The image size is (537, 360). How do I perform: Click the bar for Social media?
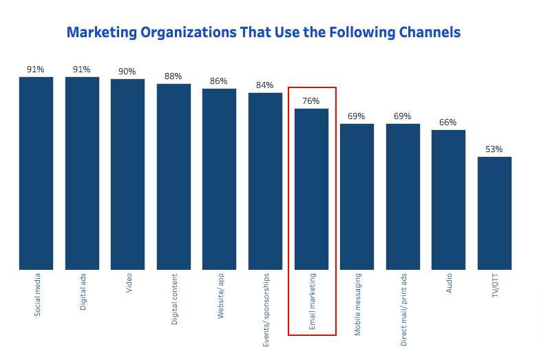(x=36, y=173)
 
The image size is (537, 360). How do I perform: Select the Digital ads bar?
(x=82, y=173)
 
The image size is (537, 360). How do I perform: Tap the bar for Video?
(x=127, y=174)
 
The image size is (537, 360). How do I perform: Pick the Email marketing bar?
(x=311, y=189)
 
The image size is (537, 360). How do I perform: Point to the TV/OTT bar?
(x=494, y=213)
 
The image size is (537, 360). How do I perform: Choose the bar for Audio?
(x=448, y=200)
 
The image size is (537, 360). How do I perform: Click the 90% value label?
(x=127, y=72)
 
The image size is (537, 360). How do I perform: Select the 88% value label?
(x=173, y=76)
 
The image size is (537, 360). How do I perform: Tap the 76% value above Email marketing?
(x=311, y=101)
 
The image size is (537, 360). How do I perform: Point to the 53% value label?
(x=494, y=149)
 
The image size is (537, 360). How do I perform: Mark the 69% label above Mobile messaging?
(x=357, y=116)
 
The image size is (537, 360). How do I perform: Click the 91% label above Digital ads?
(x=82, y=70)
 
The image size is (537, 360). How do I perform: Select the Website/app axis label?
(x=221, y=296)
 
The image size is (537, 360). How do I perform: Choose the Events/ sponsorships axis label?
(x=266, y=310)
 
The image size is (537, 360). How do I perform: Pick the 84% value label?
(x=265, y=85)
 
